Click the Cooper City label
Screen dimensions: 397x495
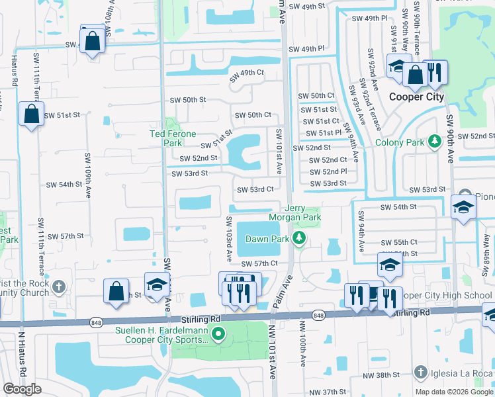pyautogui.click(x=416, y=97)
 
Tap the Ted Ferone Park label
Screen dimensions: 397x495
pyautogui.click(x=173, y=138)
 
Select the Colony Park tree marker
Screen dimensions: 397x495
pyautogui.click(x=435, y=142)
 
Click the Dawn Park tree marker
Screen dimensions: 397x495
pyautogui.click(x=300, y=238)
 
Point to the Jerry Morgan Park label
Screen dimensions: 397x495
pyautogui.click(x=294, y=212)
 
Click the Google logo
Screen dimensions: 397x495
pyautogui.click(x=22, y=389)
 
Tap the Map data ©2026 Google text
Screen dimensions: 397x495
pyautogui.click(x=455, y=392)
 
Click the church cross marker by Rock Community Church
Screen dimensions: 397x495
pyautogui.click(x=60, y=287)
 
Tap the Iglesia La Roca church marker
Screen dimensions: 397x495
pyautogui.click(x=420, y=373)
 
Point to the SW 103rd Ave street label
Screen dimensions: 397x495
pyautogui.click(x=229, y=236)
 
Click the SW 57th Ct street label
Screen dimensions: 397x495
pyautogui.click(x=259, y=264)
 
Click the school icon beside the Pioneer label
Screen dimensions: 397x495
pyautogui.click(x=462, y=206)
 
